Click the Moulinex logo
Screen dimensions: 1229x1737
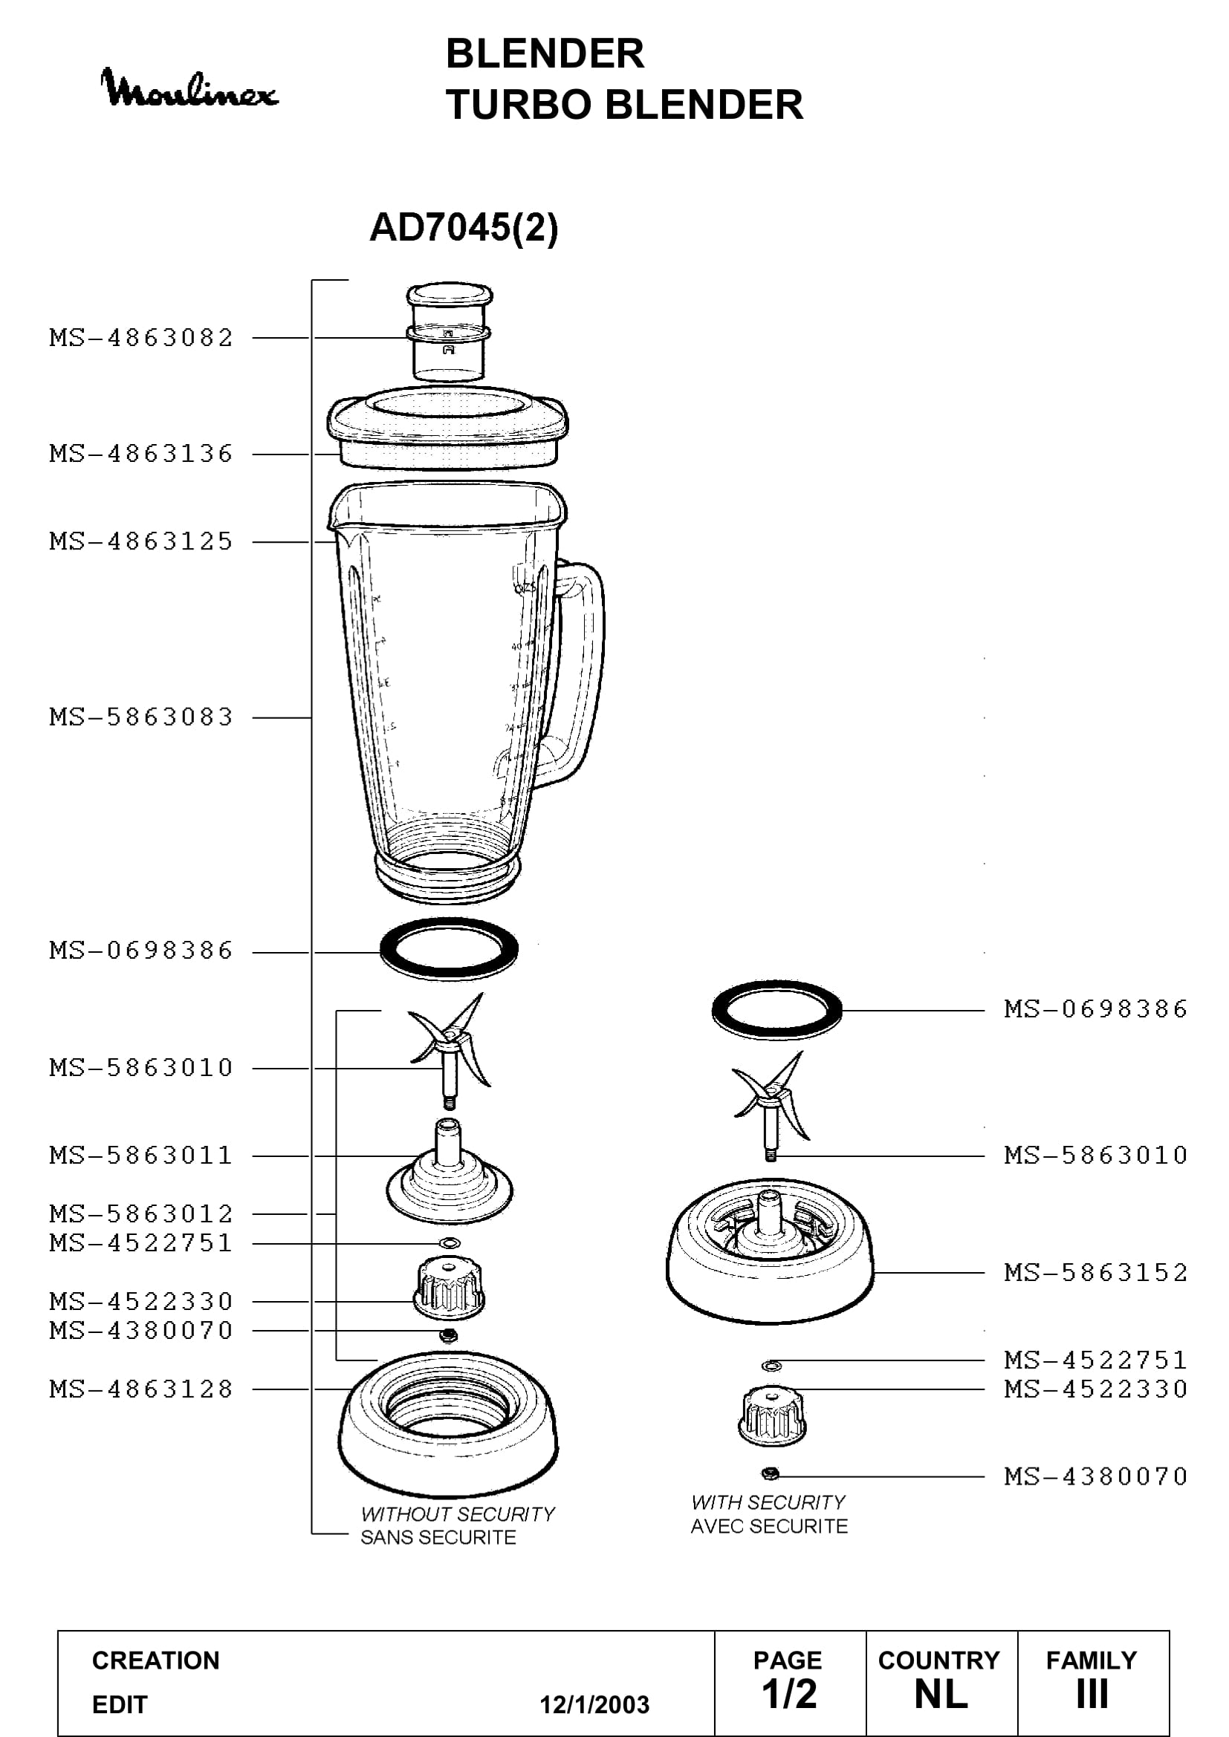189,88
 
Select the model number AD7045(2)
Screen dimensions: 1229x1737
463,227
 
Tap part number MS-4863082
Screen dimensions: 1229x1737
141,337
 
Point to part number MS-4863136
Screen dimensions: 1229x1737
141,454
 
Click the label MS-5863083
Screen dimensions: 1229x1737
141,717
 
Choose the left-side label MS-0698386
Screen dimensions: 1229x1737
141,951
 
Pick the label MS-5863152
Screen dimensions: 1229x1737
1096,1273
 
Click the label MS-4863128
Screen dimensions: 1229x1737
141,1389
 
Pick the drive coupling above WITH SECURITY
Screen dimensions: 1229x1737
772,1415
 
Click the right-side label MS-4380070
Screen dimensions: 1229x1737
1096,1476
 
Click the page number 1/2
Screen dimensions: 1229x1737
789,1694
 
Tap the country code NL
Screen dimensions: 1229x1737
941,1695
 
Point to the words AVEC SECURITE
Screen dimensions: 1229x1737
769,1527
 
